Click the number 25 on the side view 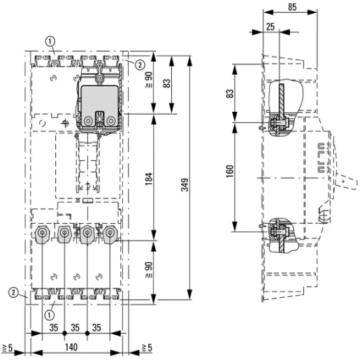[x=271, y=27]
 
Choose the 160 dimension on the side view [x=230, y=170]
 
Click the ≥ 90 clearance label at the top [x=147, y=86]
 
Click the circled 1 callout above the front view [x=52, y=41]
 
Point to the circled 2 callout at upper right [x=140, y=65]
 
